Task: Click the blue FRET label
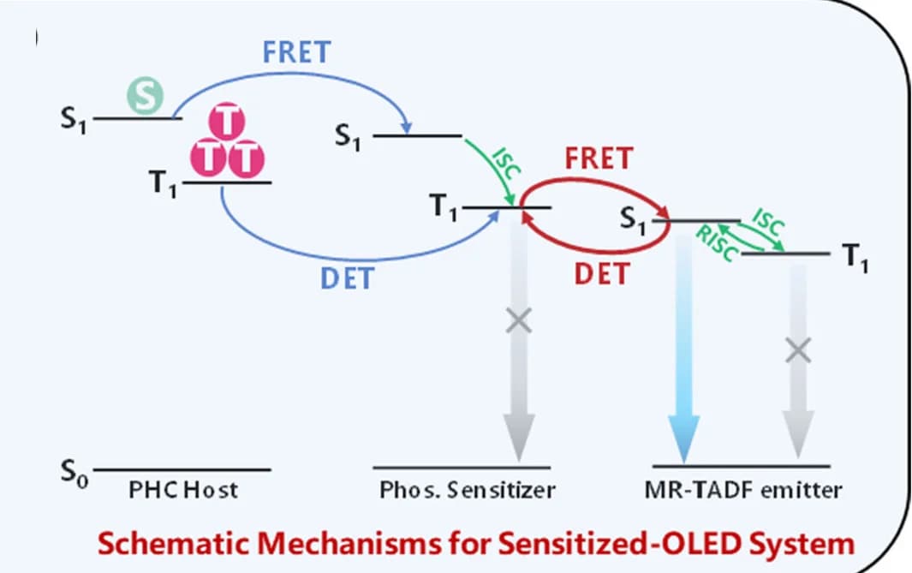pos(296,52)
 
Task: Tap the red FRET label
pos(599,158)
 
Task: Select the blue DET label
pos(347,278)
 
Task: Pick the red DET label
pos(602,274)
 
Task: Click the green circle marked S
pos(146,96)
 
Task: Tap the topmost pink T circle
pos(227,122)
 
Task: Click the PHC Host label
pos(183,490)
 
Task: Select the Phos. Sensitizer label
pos(467,490)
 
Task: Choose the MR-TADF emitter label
pos(742,490)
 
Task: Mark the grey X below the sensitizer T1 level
pos(518,320)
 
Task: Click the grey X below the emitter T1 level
pos(798,350)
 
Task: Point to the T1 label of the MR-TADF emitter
pos(855,257)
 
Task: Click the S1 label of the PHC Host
pos(74,120)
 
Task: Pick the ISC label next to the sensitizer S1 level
pos(505,164)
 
